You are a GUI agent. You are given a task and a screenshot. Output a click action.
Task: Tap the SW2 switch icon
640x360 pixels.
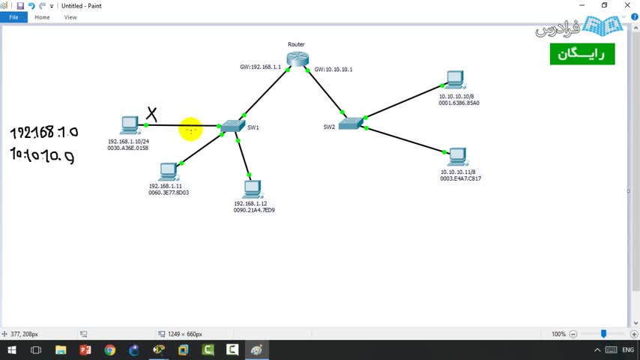tap(350, 123)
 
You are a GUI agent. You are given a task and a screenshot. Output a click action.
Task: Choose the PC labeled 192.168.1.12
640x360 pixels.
tap(251, 189)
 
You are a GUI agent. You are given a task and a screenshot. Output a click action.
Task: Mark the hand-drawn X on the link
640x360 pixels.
tap(152, 114)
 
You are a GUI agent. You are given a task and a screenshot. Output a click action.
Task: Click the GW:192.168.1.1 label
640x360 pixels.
tap(260, 67)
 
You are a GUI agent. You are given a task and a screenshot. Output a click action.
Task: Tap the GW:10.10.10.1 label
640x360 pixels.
tap(333, 69)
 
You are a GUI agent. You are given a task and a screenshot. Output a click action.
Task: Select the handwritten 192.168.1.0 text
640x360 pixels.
tap(44, 133)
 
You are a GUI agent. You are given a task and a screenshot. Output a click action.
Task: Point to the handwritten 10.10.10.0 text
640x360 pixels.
tap(42, 155)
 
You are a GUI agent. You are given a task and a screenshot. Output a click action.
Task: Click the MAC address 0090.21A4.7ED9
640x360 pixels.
tap(254, 210)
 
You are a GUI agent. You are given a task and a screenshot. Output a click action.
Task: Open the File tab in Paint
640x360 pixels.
tap(13, 17)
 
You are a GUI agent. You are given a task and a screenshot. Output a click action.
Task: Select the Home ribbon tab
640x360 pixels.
tap(42, 17)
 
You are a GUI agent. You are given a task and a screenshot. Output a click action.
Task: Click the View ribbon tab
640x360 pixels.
tap(70, 17)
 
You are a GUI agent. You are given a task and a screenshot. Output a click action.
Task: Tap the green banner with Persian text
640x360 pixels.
tap(582, 54)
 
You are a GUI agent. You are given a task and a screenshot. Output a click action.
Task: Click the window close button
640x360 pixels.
tap(626, 5)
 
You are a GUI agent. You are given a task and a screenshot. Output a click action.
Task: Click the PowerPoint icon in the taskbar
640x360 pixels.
tap(85, 350)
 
